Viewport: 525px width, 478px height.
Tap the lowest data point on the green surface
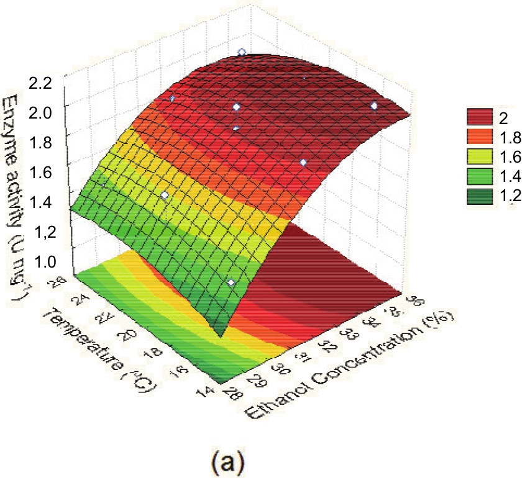(231, 283)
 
